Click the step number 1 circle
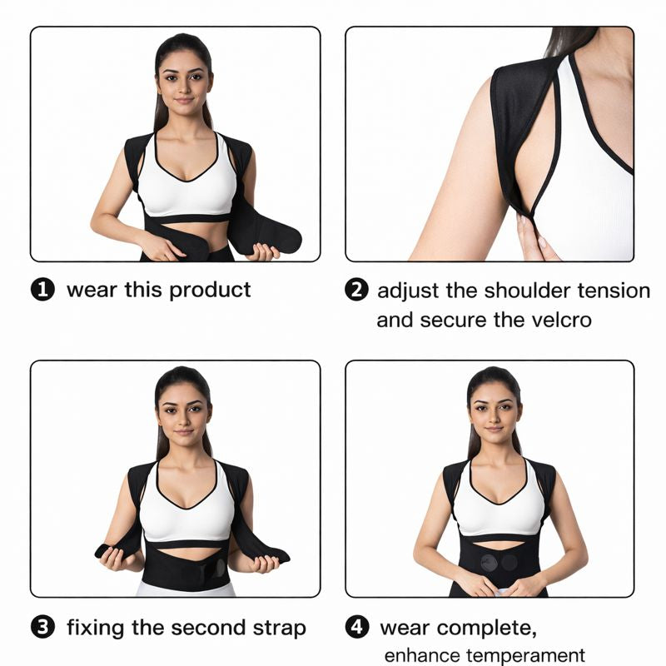(x=42, y=290)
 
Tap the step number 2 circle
(x=356, y=291)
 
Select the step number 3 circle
(x=42, y=628)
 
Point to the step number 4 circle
(x=357, y=628)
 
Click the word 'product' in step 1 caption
(x=210, y=291)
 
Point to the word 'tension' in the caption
(x=614, y=291)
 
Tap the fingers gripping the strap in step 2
(x=533, y=243)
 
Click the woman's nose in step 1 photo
(x=184, y=88)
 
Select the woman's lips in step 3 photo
(x=184, y=433)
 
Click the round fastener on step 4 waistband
(x=509, y=562)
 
